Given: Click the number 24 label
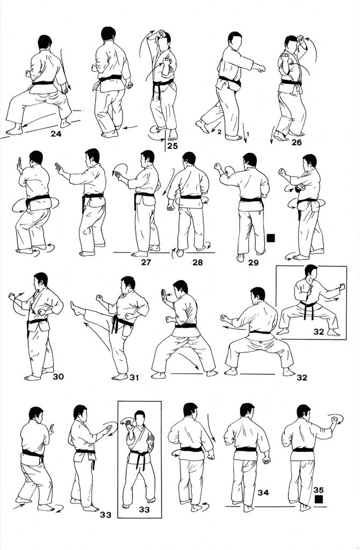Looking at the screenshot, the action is [x=56, y=134].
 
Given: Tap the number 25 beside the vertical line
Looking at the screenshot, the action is [x=172, y=146].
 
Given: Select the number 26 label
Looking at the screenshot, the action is [x=297, y=143].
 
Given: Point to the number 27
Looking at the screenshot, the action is [x=146, y=262].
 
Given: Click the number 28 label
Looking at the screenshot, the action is [x=198, y=262].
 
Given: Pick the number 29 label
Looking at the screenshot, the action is [x=253, y=262].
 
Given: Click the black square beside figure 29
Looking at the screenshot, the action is [x=271, y=238].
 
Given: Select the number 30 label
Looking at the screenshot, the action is [x=58, y=377].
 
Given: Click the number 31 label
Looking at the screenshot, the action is [x=134, y=378].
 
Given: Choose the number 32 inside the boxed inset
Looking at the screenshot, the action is [x=319, y=331].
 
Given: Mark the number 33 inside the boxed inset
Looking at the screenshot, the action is [x=145, y=510].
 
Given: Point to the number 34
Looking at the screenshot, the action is [x=263, y=493].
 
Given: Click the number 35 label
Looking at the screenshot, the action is [x=319, y=490].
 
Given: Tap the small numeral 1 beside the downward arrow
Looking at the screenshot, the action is [x=248, y=134].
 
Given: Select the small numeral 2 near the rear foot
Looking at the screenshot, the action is [x=219, y=132].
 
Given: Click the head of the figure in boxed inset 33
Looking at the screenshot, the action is [x=140, y=417].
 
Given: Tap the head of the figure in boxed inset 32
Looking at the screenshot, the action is [x=311, y=272].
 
